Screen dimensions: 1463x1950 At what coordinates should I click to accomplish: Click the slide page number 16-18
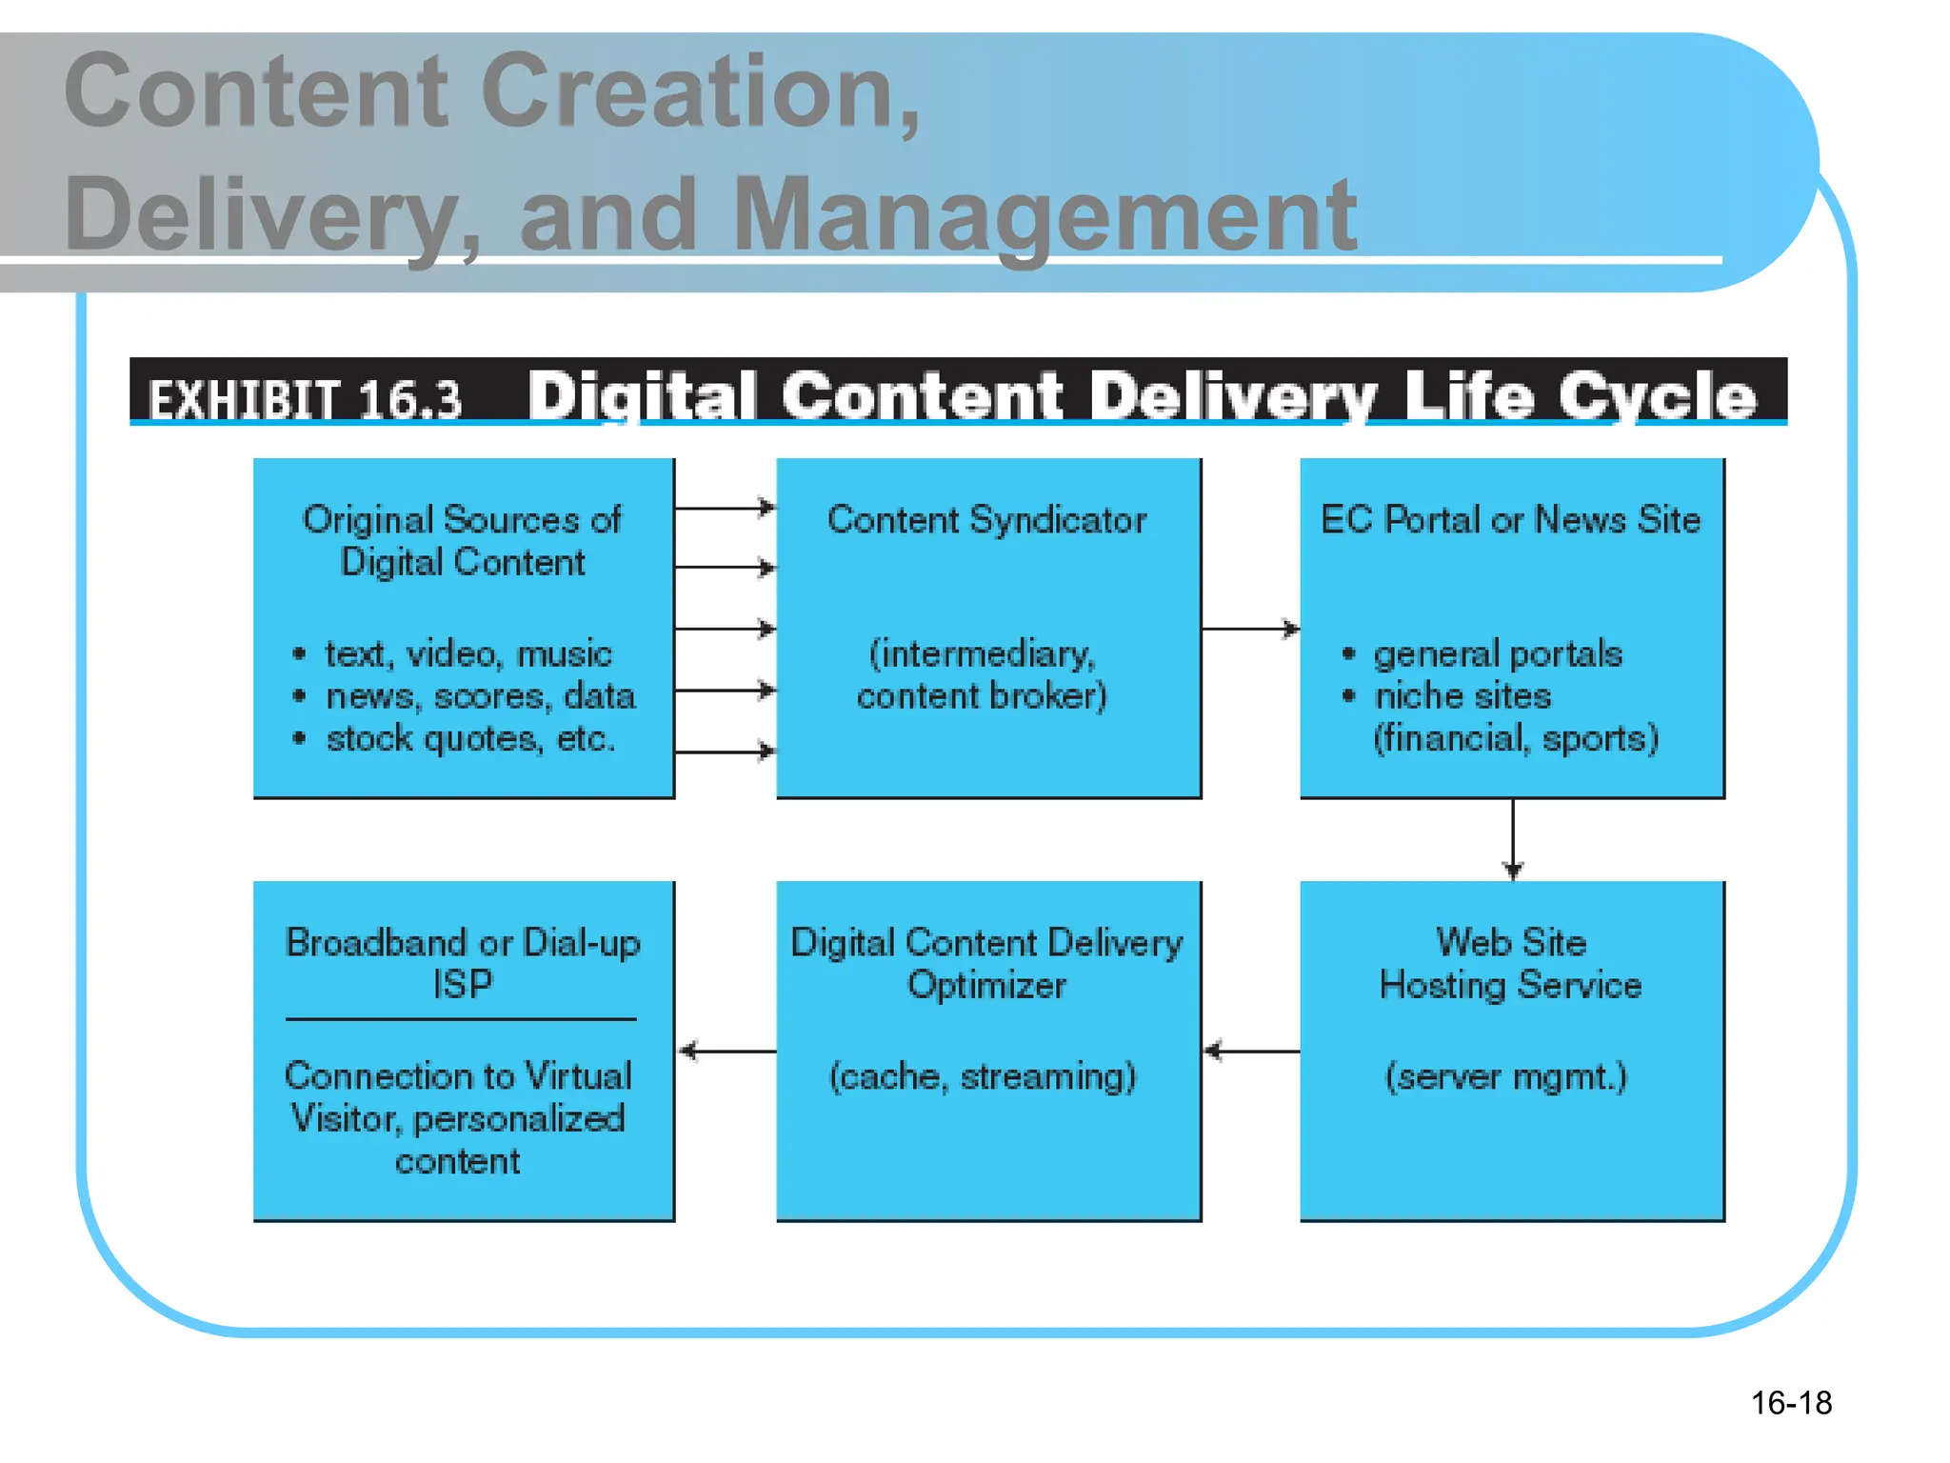1790,1403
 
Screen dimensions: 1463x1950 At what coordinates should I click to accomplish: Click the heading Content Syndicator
986,520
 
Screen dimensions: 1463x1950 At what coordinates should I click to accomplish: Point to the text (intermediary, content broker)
983,674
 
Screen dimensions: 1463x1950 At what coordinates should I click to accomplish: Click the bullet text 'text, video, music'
468,654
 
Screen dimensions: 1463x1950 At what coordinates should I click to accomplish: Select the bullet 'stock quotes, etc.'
470,739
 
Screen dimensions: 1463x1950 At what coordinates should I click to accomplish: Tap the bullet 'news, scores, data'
480,696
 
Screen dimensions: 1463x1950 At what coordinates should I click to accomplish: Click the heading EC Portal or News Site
1510,520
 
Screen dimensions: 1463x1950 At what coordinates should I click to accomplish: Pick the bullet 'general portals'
1497,654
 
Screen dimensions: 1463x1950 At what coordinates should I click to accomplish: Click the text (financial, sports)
1515,739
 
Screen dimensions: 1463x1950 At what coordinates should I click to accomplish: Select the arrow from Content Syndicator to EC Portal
1250,629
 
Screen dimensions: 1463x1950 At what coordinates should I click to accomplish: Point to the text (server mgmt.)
1505,1077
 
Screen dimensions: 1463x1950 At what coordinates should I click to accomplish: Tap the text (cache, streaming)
983,1077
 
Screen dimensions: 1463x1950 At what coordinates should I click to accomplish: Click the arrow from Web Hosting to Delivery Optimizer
1251,1052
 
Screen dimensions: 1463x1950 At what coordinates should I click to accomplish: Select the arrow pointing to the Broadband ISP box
726,1052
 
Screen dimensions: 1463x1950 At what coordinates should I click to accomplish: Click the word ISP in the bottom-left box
463,985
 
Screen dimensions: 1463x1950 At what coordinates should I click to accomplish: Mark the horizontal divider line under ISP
461,1019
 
